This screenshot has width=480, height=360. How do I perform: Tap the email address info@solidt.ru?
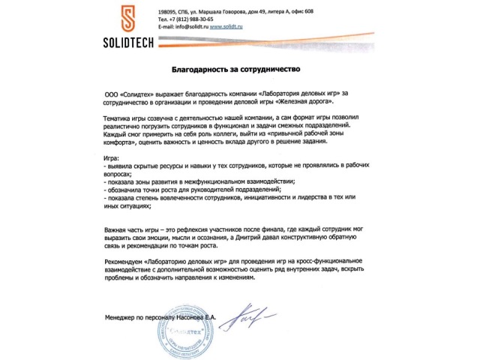tap(190, 26)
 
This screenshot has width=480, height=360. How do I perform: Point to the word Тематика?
tap(115, 120)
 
